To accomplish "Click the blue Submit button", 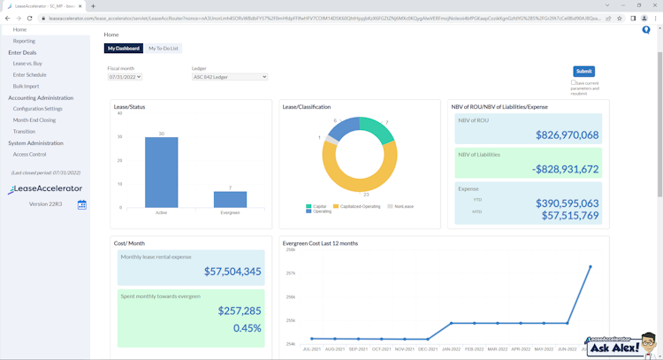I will point(583,71).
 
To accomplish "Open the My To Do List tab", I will point(163,49).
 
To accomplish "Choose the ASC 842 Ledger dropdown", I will point(229,77).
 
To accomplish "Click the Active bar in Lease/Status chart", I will point(162,172).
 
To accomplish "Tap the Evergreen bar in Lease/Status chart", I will point(230,199).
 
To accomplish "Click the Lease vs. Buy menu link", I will point(27,64).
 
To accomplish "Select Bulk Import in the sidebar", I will point(27,86).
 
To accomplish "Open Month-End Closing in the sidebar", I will point(34,120).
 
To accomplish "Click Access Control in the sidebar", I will point(30,154).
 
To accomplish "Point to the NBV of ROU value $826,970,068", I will point(567,135).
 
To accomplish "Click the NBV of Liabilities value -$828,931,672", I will point(565,169).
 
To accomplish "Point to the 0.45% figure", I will point(247,327).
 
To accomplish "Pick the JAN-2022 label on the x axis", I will point(451,349).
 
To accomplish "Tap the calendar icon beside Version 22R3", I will point(81,204).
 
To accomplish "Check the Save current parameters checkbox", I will point(573,83).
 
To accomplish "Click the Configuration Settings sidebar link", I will point(38,109).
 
